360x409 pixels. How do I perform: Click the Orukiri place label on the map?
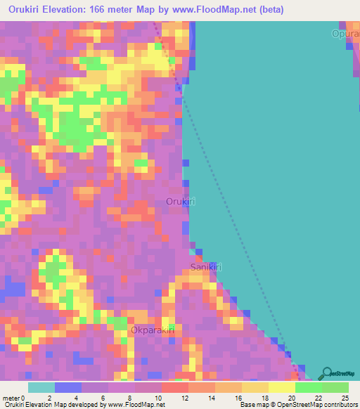point(180,202)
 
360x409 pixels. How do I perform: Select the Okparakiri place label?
point(153,330)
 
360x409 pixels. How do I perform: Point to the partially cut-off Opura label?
point(346,34)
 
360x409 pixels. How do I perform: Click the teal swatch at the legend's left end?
point(41,387)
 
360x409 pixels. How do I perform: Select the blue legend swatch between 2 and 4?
point(67,387)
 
